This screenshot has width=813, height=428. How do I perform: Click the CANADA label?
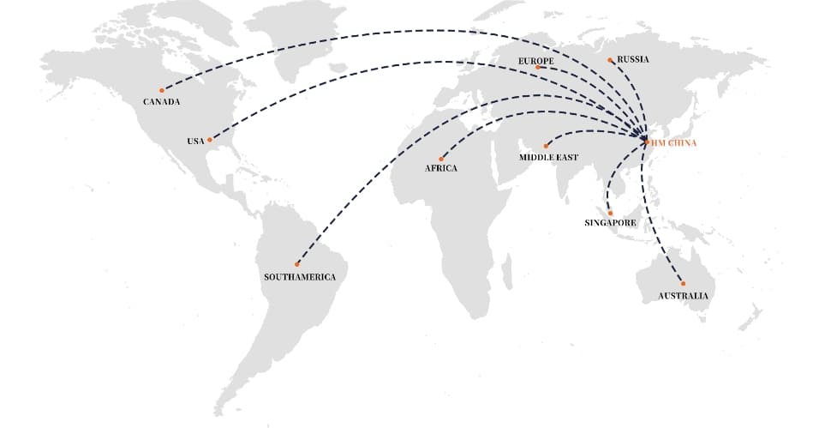click(161, 102)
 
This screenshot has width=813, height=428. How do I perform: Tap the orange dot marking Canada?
click(161, 89)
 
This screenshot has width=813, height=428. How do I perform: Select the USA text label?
click(195, 141)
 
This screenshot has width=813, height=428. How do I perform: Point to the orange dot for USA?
click(210, 140)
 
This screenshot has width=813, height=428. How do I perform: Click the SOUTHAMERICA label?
click(300, 277)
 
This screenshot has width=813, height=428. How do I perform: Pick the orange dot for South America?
click(297, 264)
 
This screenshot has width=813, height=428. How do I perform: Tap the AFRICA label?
click(441, 169)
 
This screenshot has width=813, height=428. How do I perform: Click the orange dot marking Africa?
click(441, 159)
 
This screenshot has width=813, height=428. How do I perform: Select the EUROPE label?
click(536, 62)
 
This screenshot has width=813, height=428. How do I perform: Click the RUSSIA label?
click(633, 59)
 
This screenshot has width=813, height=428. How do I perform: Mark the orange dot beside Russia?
click(610, 60)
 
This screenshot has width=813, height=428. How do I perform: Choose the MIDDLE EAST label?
click(548, 158)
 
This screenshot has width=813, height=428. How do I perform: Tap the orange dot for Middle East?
click(546, 146)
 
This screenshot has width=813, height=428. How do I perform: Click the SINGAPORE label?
click(610, 223)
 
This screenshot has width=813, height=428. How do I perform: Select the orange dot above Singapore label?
click(611, 213)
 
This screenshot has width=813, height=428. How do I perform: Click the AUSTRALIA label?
click(683, 296)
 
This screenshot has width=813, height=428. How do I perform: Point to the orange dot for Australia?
click(683, 284)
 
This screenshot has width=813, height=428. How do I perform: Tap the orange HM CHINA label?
click(675, 143)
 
